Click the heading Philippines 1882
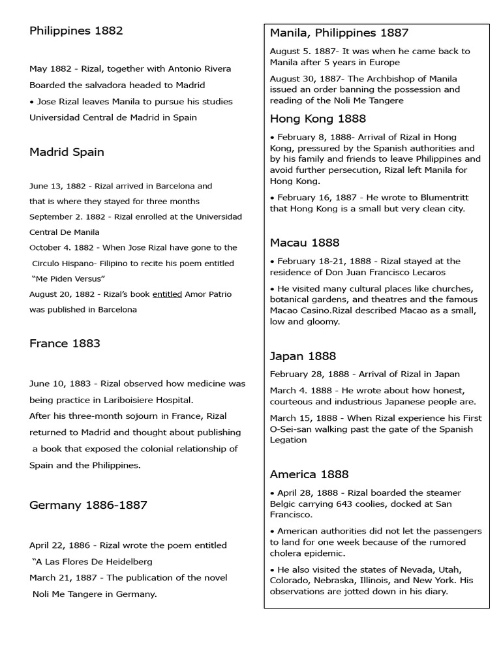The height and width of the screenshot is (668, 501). coord(76,31)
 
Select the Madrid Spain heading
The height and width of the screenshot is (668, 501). coord(67,152)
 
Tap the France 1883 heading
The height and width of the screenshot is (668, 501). coord(65,344)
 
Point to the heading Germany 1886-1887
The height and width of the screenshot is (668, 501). coord(88,505)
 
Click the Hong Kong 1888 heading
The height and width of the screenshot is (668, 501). coord(318,119)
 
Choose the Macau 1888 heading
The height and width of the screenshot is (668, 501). coord(305,243)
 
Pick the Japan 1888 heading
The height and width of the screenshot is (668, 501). coord(303,356)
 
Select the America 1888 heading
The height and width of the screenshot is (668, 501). coord(309,474)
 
